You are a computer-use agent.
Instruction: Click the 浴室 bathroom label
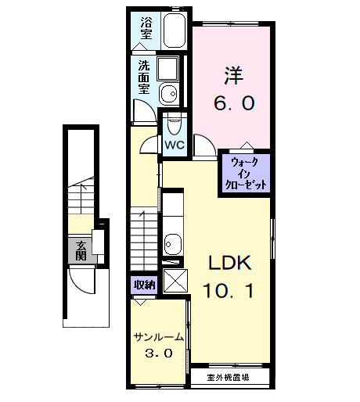tap(146, 29)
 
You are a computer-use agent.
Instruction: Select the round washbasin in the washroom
tap(167, 95)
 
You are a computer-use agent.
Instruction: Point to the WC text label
tap(174, 145)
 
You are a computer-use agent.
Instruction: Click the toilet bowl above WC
tap(174, 124)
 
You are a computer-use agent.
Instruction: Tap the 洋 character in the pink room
tap(233, 76)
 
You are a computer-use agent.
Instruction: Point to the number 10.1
tap(228, 291)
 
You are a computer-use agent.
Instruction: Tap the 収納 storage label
tap(144, 284)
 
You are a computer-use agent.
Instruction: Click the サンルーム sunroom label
tap(159, 337)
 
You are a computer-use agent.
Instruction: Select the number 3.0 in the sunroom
tap(158, 354)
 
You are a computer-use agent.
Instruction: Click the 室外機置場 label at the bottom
tap(228, 378)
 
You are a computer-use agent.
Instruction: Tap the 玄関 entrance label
tap(81, 250)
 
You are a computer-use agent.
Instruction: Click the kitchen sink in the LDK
tap(173, 240)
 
